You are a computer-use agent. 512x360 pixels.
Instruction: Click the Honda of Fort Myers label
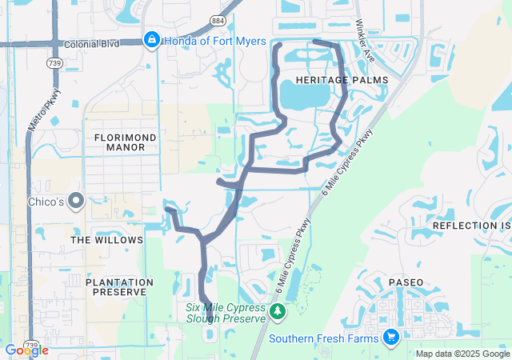click(215, 41)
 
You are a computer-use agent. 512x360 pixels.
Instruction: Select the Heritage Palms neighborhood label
click(341, 80)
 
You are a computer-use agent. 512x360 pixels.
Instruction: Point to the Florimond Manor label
click(125, 142)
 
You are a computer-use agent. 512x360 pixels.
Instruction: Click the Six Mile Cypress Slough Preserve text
click(225, 313)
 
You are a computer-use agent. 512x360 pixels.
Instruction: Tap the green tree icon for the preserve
click(277, 310)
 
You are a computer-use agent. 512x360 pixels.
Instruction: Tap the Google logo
click(26, 350)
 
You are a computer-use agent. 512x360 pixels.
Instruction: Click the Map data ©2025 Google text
click(462, 354)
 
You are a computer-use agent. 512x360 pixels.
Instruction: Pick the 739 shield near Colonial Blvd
click(54, 62)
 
